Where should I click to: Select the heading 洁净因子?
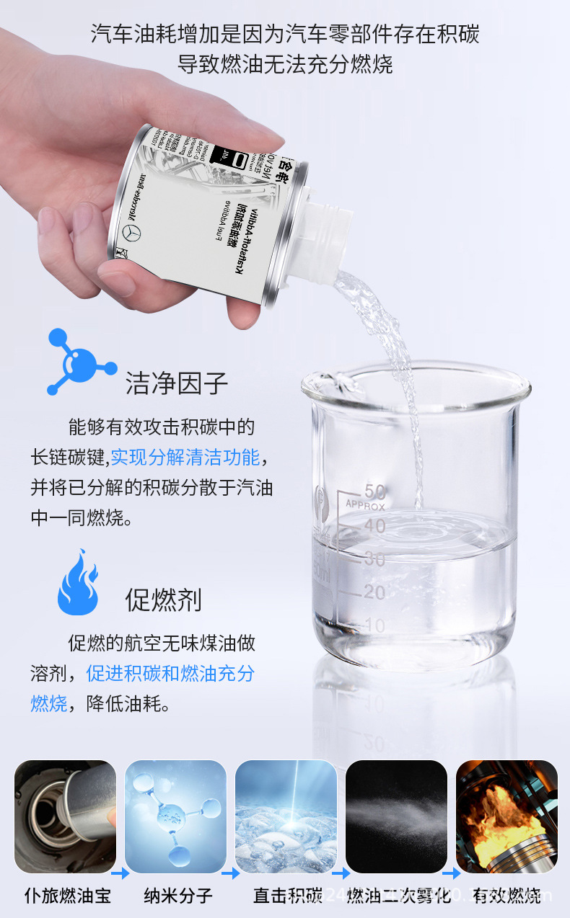(x=177, y=383)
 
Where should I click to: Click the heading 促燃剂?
(x=163, y=600)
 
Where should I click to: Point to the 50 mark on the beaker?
(x=374, y=492)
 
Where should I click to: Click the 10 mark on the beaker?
(x=374, y=625)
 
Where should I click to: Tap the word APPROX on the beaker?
(x=365, y=505)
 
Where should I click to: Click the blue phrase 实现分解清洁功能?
(x=185, y=457)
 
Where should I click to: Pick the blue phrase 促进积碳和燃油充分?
(x=170, y=673)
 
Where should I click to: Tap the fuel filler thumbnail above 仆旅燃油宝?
(x=65, y=816)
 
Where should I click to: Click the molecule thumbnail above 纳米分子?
(x=175, y=816)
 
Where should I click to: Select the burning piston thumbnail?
(x=507, y=816)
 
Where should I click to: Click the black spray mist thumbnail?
(x=396, y=816)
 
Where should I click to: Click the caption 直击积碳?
(x=287, y=896)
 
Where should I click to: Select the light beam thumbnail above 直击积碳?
(x=286, y=816)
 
